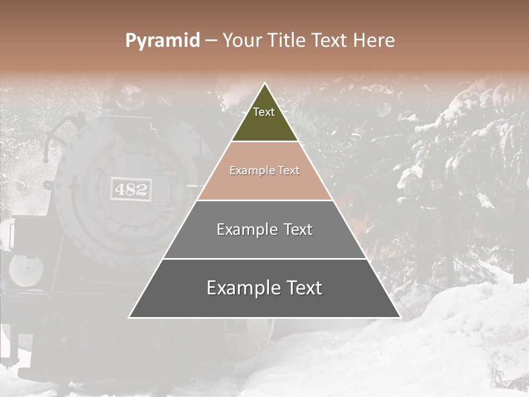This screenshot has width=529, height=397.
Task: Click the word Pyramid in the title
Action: (162, 41)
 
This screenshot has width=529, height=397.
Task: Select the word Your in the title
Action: (241, 41)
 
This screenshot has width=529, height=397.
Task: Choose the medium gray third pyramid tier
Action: (264, 243)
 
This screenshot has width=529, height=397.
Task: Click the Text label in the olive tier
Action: (264, 112)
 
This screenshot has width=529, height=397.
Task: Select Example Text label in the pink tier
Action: (264, 170)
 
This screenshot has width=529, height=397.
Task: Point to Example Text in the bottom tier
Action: (264, 288)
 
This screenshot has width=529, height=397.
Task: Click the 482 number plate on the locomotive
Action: (131, 190)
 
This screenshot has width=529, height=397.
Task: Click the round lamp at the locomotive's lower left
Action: (26, 271)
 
